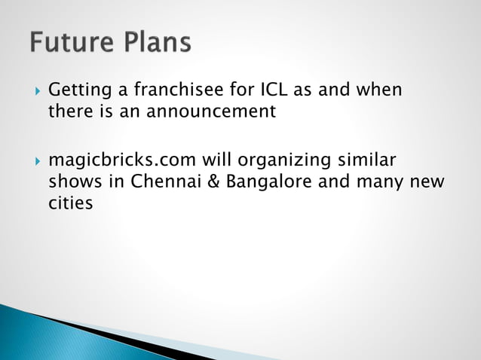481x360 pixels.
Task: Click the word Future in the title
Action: click(67, 42)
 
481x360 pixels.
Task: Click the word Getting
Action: click(77, 91)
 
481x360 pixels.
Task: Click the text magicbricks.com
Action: click(122, 161)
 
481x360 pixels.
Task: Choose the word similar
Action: click(366, 161)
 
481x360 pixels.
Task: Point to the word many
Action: click(367, 182)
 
